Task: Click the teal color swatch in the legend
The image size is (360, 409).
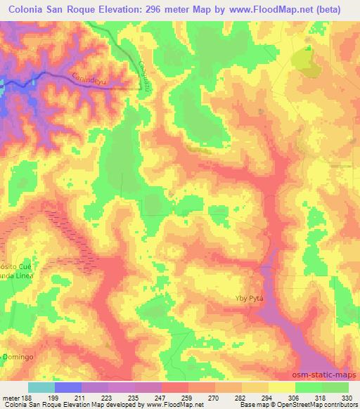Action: click(41, 387)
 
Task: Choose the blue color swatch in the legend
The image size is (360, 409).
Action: click(68, 387)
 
